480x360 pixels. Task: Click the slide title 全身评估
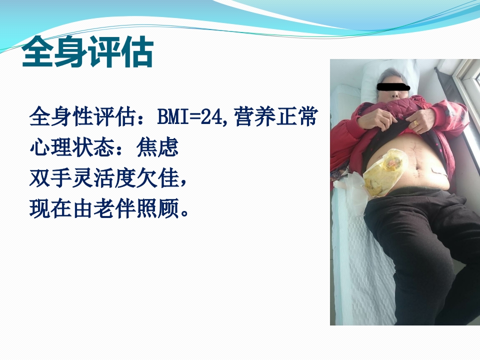pos(87,52)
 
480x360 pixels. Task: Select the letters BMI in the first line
pos(171,118)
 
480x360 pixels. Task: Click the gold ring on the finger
pos(415,122)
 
